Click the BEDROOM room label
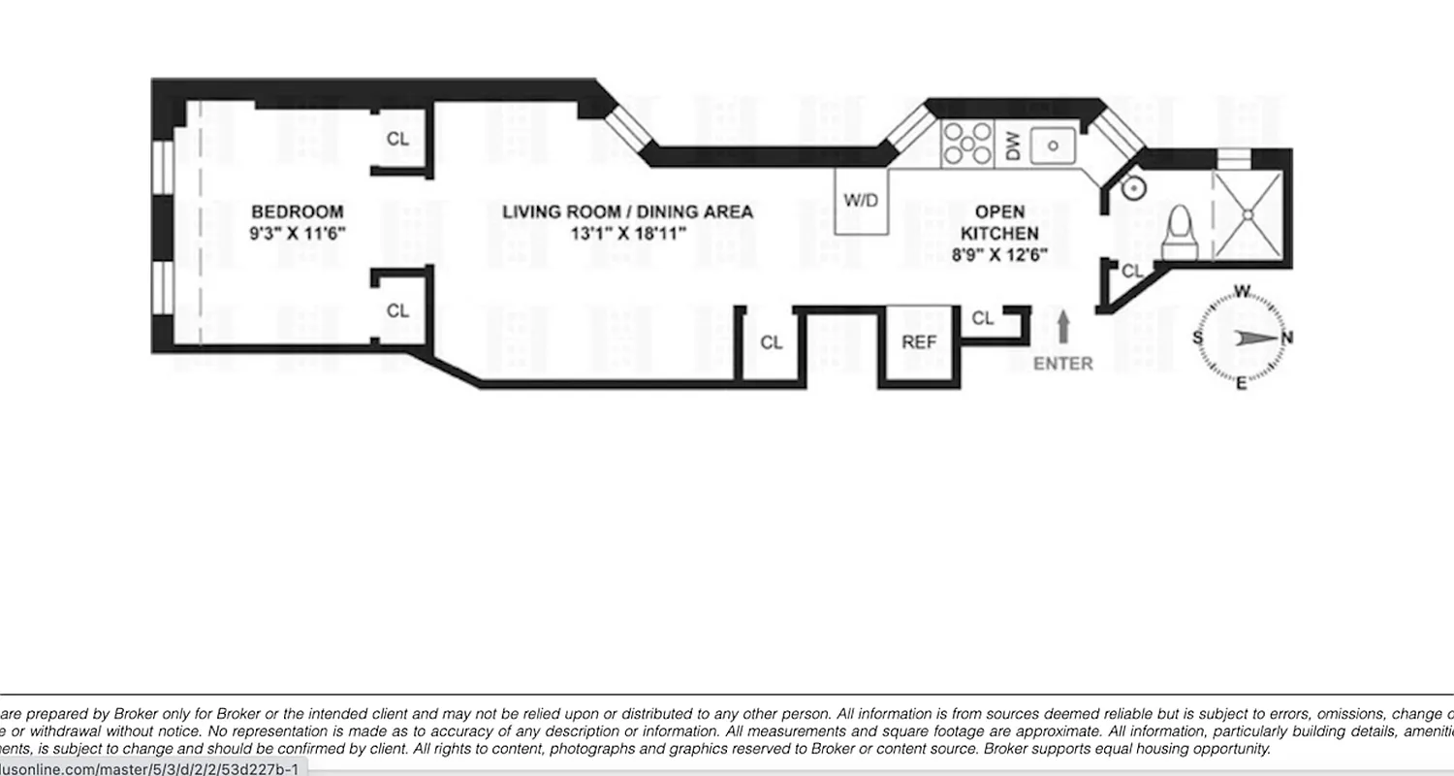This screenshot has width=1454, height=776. click(x=297, y=211)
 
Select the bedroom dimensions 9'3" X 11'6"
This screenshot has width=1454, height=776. click(x=297, y=234)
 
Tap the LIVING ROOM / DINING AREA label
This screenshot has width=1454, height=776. click(x=627, y=211)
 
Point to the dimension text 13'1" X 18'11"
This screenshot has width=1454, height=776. click(x=627, y=234)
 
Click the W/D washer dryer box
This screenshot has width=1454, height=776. click(x=861, y=201)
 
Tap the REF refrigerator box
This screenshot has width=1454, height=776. click(x=919, y=342)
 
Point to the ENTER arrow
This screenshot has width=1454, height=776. click(x=1063, y=327)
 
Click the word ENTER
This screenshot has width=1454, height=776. click(x=1062, y=364)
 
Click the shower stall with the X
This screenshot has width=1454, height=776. click(x=1249, y=215)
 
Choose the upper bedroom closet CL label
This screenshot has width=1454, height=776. click(x=397, y=139)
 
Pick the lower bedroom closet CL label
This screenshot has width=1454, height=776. click(x=397, y=311)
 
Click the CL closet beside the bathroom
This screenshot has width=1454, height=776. click(x=1131, y=273)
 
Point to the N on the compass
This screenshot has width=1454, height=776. click(x=1287, y=338)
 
